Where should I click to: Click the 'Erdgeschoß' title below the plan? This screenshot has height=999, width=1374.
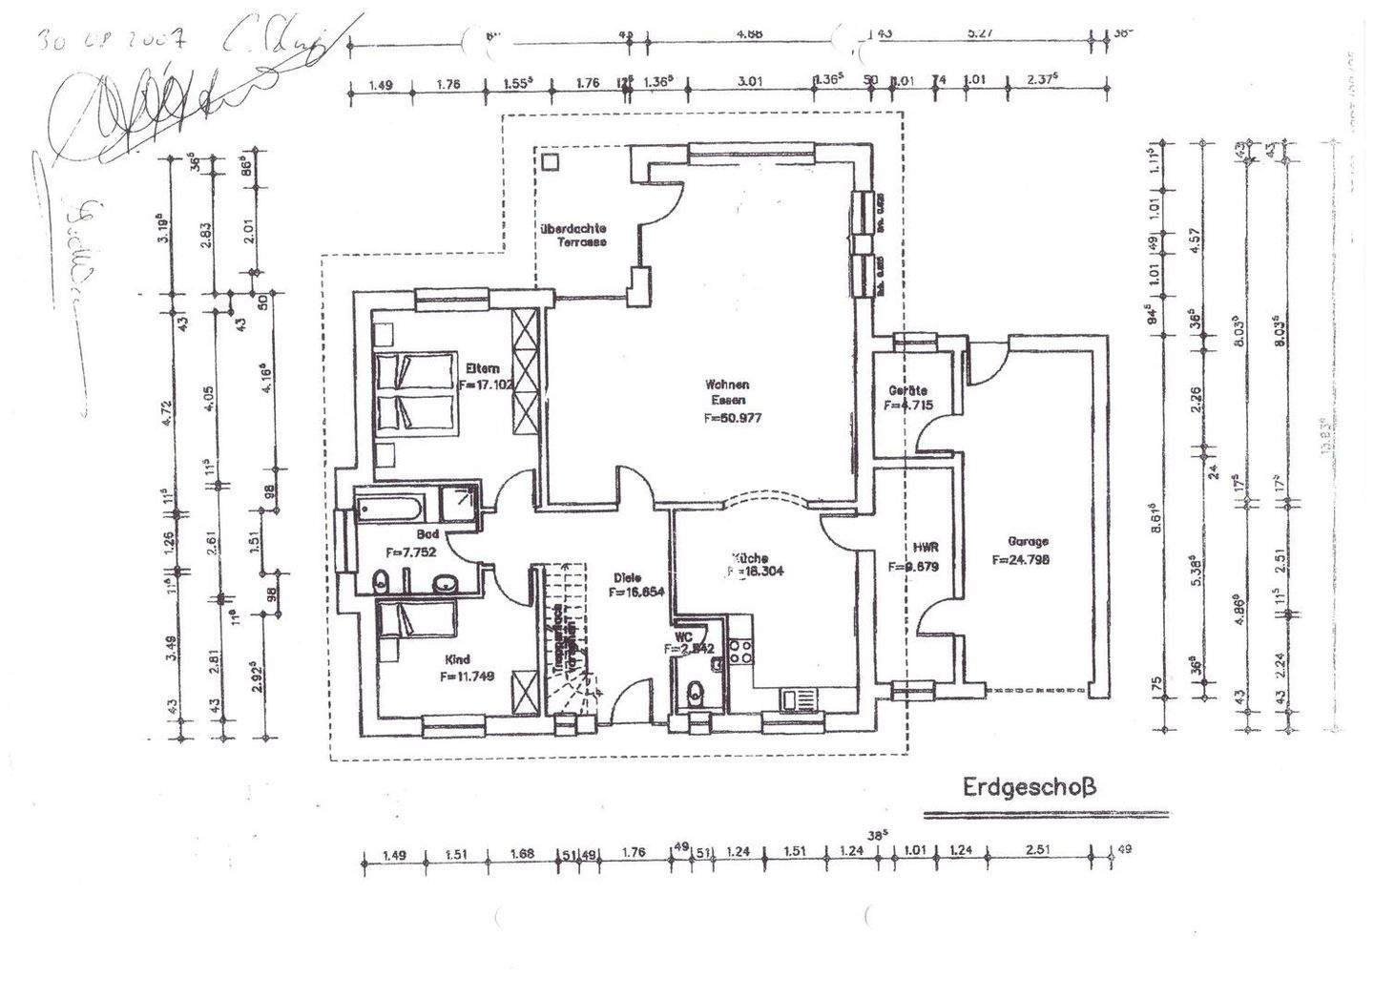1029,788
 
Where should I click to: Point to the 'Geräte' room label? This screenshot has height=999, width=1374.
907,391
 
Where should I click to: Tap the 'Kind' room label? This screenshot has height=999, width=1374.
458,659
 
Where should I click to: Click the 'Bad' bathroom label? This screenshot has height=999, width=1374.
427,534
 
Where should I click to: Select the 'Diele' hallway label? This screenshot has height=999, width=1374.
628,577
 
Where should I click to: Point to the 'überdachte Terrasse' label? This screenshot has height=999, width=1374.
573,235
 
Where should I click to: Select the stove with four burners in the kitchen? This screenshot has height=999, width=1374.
739,651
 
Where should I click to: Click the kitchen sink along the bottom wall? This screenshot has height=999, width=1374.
799,699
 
